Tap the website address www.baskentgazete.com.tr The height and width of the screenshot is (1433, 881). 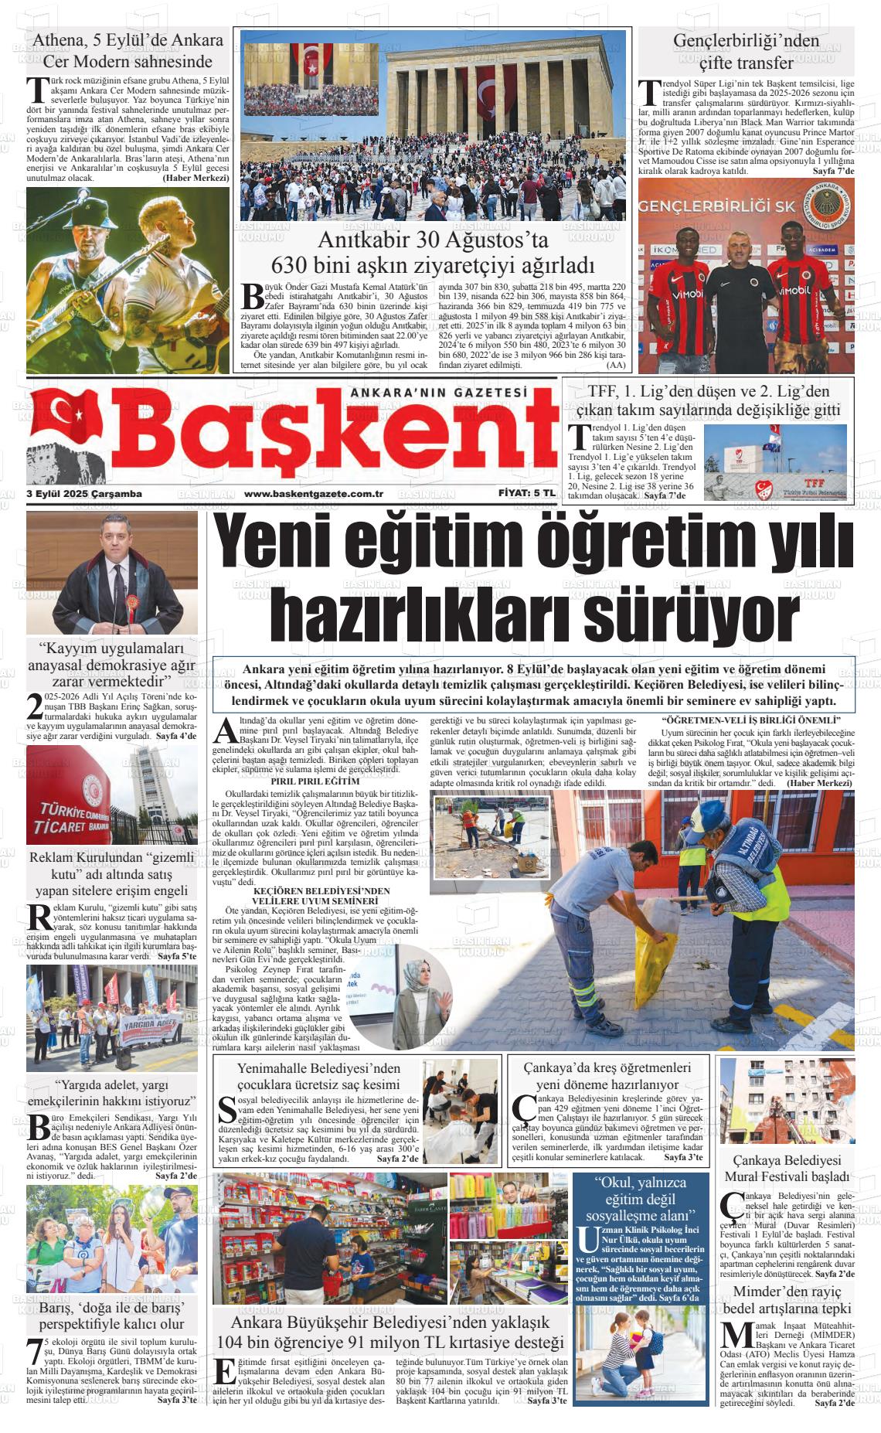click(314, 494)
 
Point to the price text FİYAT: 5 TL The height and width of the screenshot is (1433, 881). click(526, 493)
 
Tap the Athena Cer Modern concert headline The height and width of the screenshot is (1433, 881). click(128, 50)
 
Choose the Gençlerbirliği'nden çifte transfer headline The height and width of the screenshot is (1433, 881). click(746, 50)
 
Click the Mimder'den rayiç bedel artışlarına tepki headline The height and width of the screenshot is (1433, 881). click(787, 1301)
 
